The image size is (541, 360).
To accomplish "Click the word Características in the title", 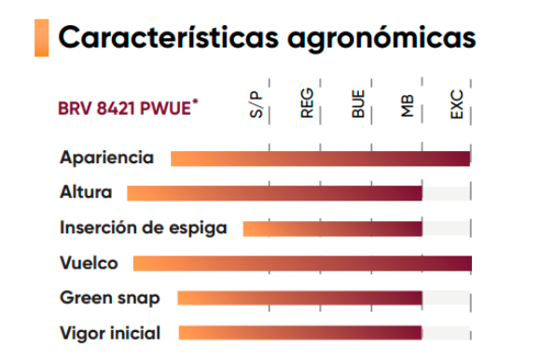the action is [x=169, y=37].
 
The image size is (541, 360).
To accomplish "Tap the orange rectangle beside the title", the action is [x=41, y=37].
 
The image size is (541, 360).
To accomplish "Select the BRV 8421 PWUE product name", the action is [x=128, y=107].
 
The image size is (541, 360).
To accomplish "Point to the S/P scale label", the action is [x=256, y=104].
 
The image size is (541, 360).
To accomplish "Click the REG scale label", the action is [x=307, y=104].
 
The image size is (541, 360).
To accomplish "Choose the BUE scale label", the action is [x=358, y=104].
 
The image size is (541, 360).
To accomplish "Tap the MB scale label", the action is [x=408, y=106].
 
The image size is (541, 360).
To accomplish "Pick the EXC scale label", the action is [x=457, y=104].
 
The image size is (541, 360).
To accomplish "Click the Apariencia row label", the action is [x=106, y=158].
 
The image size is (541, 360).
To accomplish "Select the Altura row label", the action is [x=86, y=192].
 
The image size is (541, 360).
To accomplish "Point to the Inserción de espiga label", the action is [x=144, y=228].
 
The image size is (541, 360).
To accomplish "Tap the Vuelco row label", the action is [x=89, y=263].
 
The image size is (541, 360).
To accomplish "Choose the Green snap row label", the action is [x=110, y=298].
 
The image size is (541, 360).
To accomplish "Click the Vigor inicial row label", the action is [x=110, y=333].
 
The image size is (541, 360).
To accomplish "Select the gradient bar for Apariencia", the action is [x=321, y=159].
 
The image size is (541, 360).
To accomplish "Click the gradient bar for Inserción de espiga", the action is [x=333, y=228].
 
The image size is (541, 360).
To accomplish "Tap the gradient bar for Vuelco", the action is [x=302, y=263].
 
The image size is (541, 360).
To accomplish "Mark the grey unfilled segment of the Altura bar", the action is [x=446, y=193].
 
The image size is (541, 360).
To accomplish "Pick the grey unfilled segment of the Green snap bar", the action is [x=446, y=298].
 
